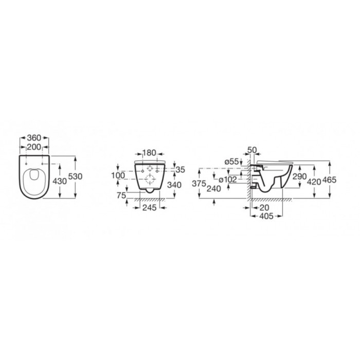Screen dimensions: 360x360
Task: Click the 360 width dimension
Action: click(34, 138)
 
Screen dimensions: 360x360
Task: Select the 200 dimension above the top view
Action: click(34, 147)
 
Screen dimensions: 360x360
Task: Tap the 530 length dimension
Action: click(75, 176)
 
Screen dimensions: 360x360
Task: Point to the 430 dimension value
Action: click(60, 181)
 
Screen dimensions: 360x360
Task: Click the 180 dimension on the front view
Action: click(149, 153)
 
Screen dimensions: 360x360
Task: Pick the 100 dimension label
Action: click(118, 176)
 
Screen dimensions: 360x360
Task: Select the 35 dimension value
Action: click(180, 170)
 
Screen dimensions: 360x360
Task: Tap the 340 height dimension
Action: click(174, 185)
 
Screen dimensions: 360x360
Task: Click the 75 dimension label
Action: click(121, 195)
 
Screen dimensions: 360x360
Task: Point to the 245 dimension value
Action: click(150, 208)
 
